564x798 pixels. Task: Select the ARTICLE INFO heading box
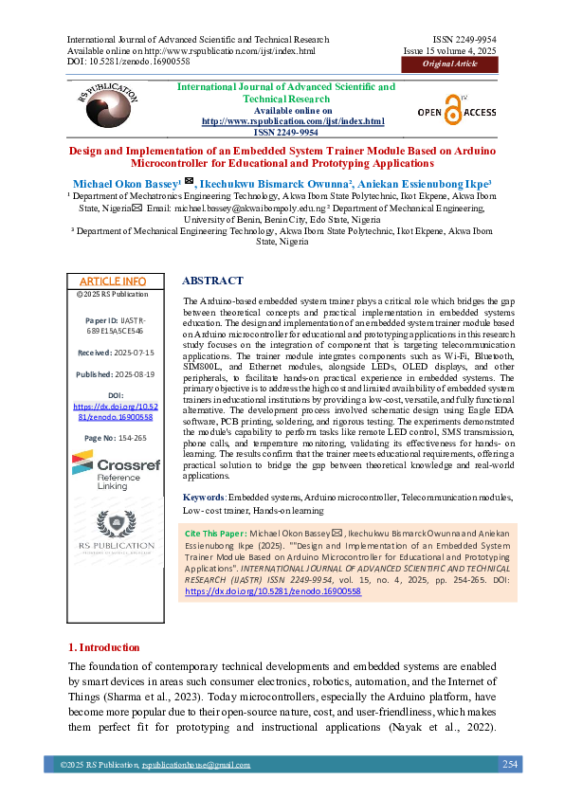click(x=112, y=281)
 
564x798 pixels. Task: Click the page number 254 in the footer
click(x=509, y=764)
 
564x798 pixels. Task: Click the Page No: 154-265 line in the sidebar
click(x=112, y=438)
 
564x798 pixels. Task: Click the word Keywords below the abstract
click(x=203, y=497)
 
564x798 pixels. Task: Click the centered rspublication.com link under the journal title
click(x=293, y=121)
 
